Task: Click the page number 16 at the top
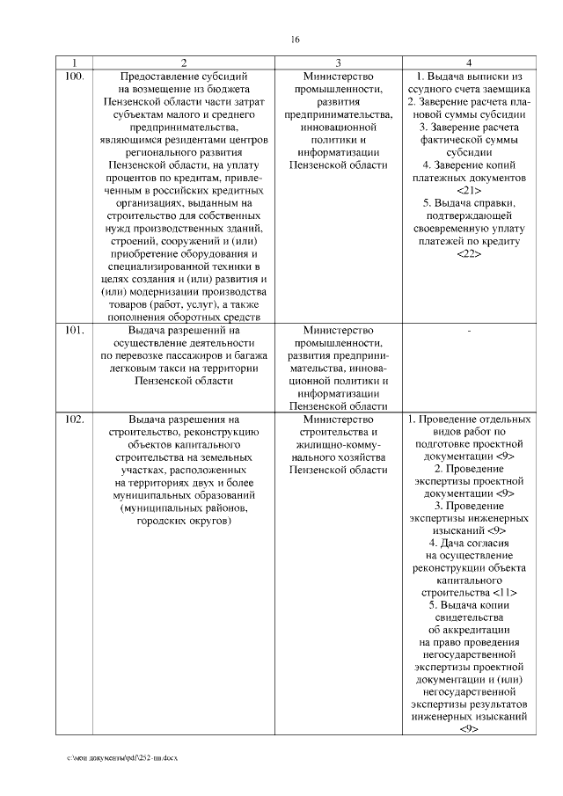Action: pos(295,39)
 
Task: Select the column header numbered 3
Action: pos(338,62)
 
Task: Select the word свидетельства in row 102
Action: pos(470,617)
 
